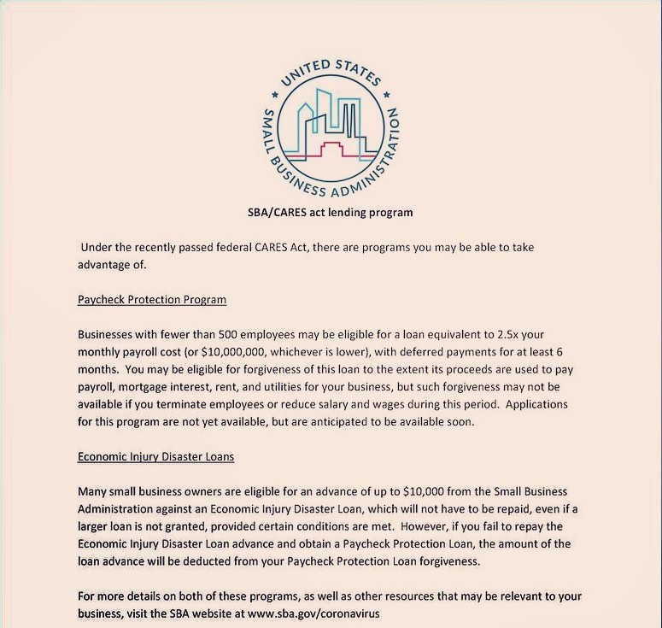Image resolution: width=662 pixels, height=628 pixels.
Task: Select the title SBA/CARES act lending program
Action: tap(329, 211)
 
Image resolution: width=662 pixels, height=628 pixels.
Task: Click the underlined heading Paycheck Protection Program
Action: tap(152, 300)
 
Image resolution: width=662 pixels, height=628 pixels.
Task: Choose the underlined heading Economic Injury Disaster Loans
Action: tap(155, 456)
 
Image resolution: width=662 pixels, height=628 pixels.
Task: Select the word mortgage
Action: tap(152, 386)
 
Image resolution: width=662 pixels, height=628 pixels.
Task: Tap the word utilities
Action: tap(310, 386)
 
